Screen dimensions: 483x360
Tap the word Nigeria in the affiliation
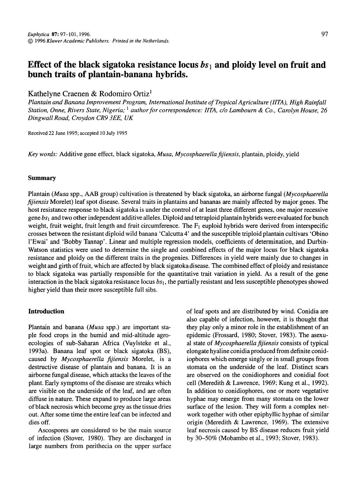(114, 110)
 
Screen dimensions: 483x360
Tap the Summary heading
(42, 178)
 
